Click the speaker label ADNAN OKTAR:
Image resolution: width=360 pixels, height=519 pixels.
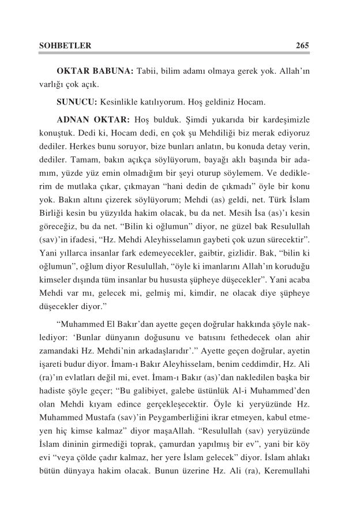click(93, 120)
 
